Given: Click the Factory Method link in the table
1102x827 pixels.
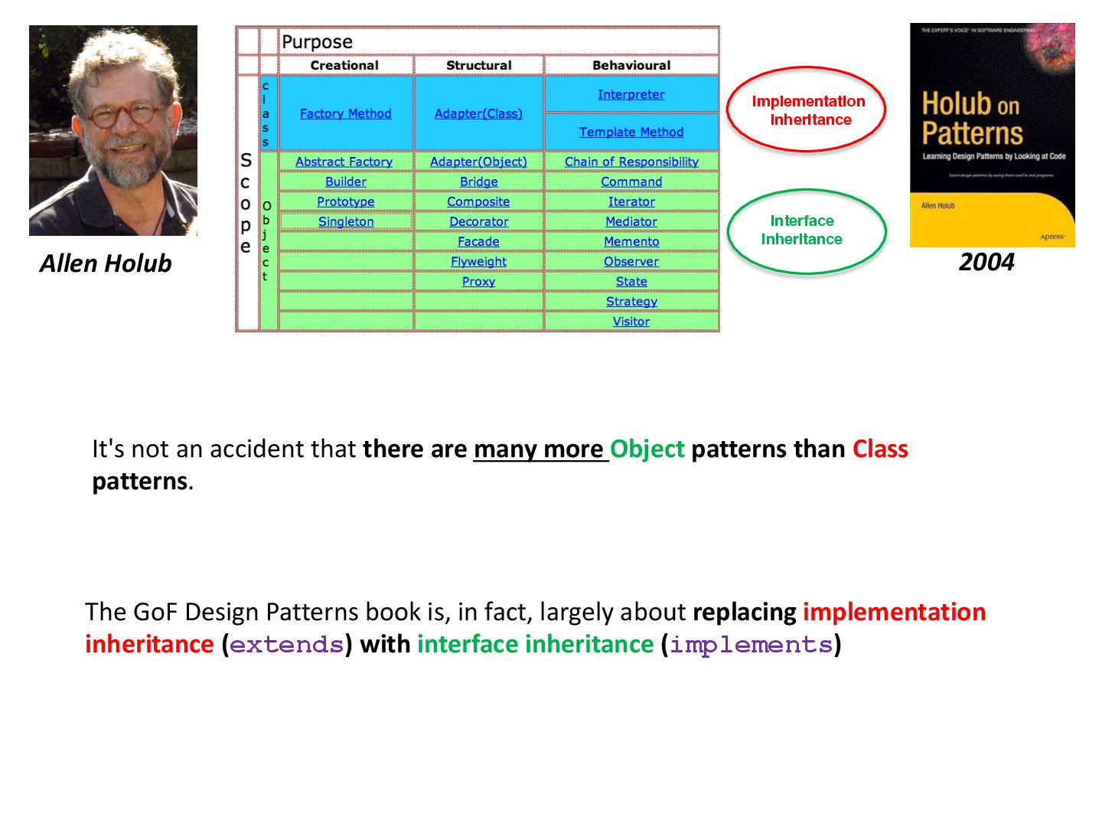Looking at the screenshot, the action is [345, 114].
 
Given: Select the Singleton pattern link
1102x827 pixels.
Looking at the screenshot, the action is [346, 222].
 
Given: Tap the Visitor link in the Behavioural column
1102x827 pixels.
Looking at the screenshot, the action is [631, 322].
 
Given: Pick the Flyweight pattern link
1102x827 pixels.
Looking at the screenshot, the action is [478, 262].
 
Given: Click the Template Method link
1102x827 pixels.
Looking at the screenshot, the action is [631, 132].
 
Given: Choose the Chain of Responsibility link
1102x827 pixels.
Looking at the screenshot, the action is [631, 162].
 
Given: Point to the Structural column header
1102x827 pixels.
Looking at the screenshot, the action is [478, 66].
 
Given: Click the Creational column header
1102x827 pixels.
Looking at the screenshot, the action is [344, 66].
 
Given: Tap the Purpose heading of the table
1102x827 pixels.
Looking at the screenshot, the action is [317, 42].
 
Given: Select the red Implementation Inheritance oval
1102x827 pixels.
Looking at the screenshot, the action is [807, 110].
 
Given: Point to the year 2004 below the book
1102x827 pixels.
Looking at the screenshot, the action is [986, 263].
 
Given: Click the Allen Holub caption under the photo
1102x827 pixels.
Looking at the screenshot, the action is [106, 264].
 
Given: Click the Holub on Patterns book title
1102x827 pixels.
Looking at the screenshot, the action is [972, 118].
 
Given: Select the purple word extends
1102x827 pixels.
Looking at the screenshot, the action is [286, 645].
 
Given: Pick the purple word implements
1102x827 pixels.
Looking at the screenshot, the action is [751, 645].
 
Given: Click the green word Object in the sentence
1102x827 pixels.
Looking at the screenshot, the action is [647, 449].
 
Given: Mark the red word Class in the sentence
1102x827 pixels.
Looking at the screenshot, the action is [880, 449].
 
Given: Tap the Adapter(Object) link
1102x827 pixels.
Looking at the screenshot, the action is [478, 162].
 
